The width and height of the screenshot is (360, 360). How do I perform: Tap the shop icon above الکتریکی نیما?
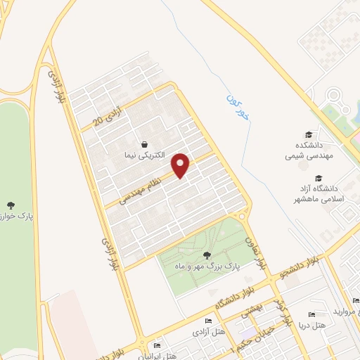144,143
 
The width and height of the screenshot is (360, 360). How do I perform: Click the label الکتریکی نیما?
144,154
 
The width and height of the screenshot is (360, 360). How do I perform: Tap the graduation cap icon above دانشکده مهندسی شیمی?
308,135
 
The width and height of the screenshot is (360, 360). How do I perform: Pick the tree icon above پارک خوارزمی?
10,205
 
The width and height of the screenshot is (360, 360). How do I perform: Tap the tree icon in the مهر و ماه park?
207,255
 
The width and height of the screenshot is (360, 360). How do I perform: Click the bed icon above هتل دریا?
311,314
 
